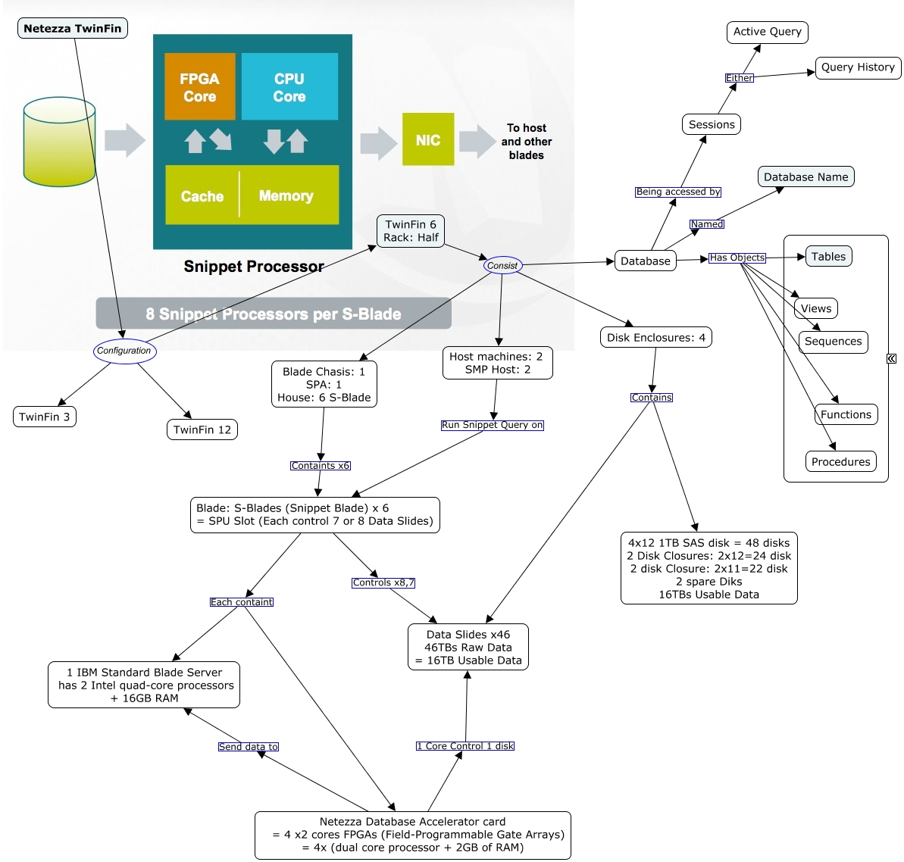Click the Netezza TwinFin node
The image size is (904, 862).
73,29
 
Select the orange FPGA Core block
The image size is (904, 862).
199,87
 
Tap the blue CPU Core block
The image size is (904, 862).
289,87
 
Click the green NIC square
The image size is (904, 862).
428,139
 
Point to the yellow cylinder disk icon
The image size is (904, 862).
59,142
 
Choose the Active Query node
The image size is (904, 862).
767,32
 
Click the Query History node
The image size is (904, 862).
858,67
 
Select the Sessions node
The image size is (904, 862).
712,125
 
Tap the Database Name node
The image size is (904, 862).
805,177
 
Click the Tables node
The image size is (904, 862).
828,257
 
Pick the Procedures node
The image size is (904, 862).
840,462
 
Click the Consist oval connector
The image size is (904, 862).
502,266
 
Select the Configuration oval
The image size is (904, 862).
124,351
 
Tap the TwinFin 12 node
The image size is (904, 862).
202,430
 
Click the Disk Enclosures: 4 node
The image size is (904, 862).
656,338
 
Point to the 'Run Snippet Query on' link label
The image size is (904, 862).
493,426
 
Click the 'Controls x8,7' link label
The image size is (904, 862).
383,583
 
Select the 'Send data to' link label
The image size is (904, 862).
249,747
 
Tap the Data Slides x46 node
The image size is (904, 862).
468,648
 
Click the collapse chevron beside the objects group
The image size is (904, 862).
892,359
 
